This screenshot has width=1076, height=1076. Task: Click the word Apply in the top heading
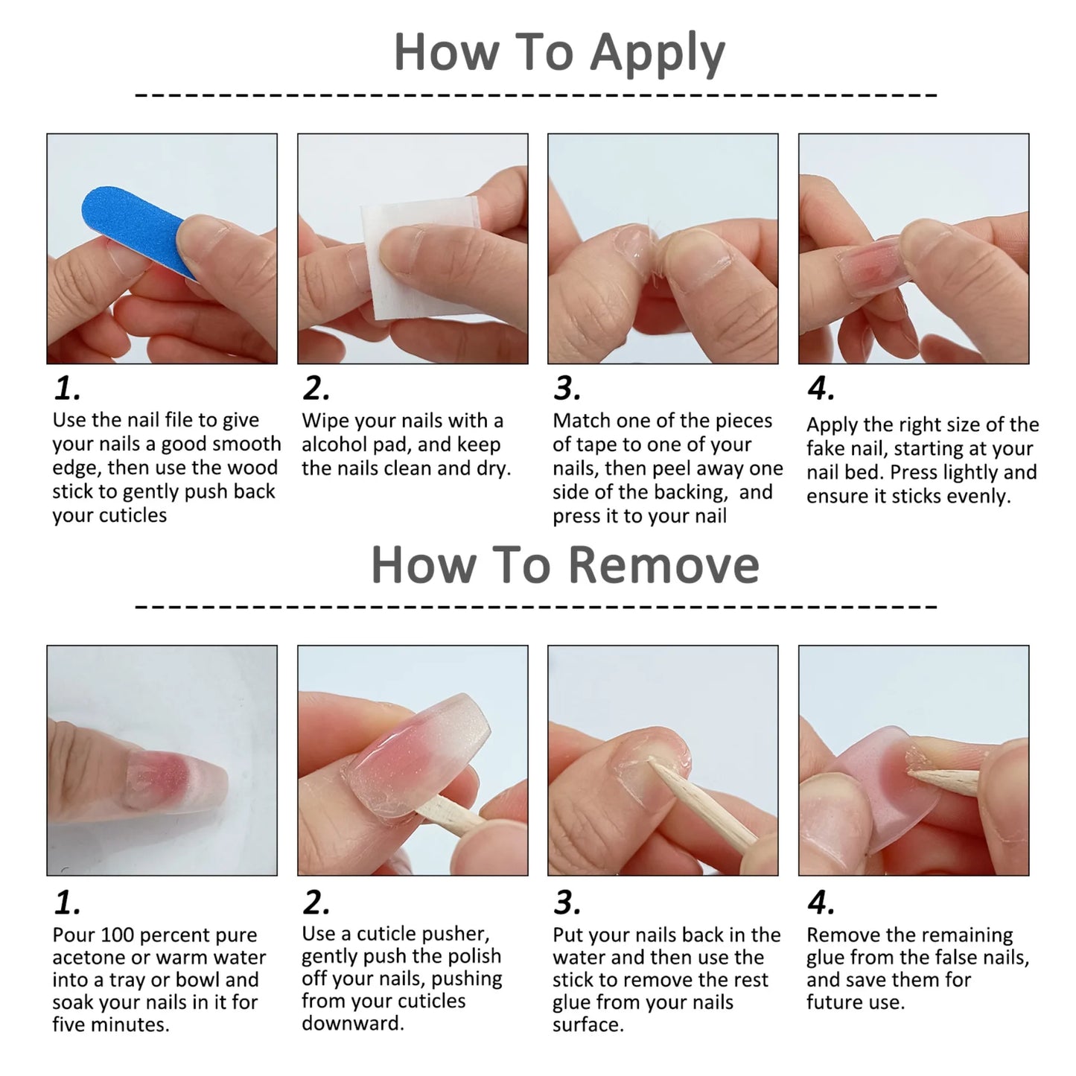click(x=657, y=54)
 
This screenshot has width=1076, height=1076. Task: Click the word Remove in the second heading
click(x=664, y=566)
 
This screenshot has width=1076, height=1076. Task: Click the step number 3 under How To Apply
click(x=567, y=389)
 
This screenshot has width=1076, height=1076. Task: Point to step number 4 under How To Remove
click(x=821, y=903)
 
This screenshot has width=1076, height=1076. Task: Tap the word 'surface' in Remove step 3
click(x=587, y=1025)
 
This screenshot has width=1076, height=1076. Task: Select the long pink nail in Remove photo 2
click(x=417, y=752)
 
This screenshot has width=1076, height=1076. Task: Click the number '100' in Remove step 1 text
click(x=117, y=935)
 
